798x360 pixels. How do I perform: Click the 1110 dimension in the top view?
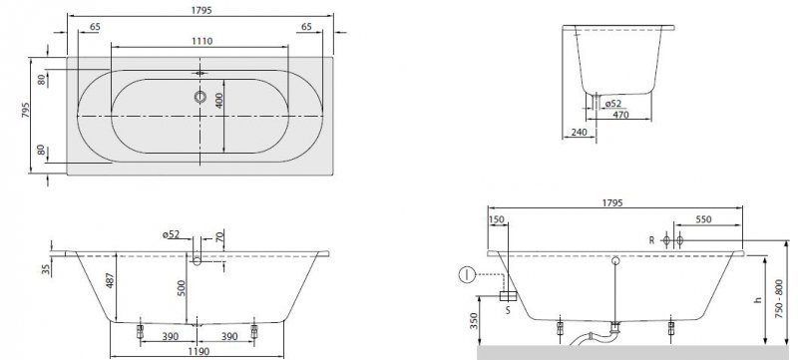click(201, 41)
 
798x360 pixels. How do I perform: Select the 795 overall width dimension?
click(26, 111)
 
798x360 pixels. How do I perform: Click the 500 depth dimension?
click(182, 288)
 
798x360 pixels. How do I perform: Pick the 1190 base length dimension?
click(198, 351)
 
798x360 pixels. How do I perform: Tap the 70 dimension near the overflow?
click(218, 237)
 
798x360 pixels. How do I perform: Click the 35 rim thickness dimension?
click(45, 269)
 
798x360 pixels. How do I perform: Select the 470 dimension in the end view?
click(620, 115)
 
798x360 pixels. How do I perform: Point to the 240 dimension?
click(580, 133)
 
